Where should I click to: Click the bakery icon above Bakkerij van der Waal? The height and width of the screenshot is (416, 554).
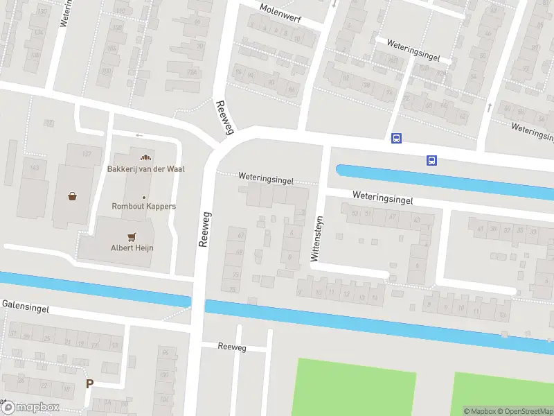(145, 157)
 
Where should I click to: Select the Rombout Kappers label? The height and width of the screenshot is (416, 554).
(144, 206)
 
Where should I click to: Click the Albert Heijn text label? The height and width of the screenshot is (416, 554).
(132, 248)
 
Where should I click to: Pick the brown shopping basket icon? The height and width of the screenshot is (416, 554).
(73, 196)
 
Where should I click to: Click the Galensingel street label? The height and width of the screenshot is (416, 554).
(26, 305)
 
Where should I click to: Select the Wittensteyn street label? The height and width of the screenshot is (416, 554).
(316, 237)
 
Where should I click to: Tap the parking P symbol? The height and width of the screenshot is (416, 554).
(89, 383)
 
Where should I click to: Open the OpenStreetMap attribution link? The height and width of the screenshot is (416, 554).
(524, 411)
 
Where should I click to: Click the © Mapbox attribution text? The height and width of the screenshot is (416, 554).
(480, 411)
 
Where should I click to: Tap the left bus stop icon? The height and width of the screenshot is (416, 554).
(396, 138)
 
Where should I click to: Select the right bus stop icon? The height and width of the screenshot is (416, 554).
(431, 160)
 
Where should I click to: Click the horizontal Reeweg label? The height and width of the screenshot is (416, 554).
(231, 347)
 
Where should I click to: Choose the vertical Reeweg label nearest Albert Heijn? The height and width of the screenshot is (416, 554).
(204, 228)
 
